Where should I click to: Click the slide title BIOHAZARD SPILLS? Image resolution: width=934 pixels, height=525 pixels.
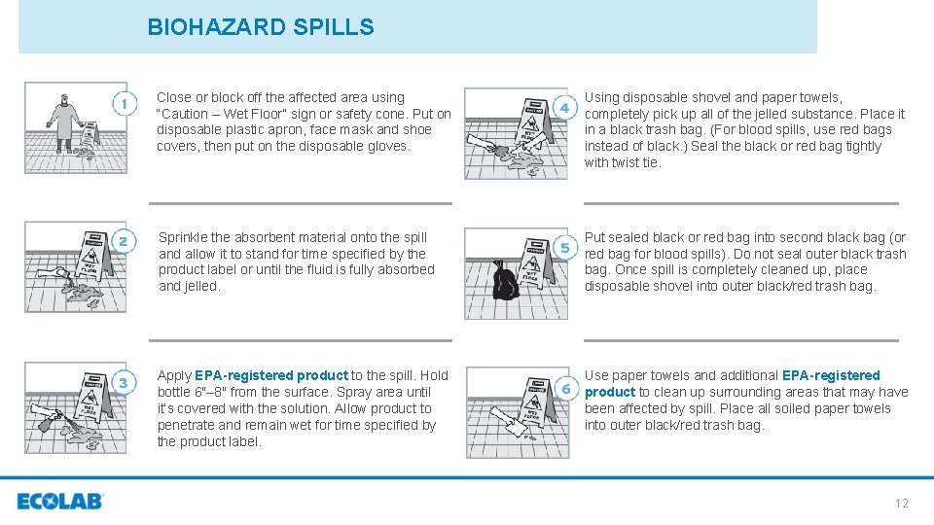coord(260,27)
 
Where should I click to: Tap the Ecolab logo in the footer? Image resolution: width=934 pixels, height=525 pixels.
coord(60,502)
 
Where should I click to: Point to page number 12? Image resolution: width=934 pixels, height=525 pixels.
coord(901,503)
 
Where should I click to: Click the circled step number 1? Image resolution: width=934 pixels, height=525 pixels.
coord(124,103)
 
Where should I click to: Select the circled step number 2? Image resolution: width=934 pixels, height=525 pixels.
coord(124,241)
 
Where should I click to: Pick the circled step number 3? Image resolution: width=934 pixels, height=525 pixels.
coord(124,382)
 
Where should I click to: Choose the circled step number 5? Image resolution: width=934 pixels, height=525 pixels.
coord(564,247)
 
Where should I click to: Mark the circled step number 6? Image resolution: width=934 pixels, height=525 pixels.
coord(564,388)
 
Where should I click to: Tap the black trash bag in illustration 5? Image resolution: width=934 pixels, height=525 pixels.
coord(504,283)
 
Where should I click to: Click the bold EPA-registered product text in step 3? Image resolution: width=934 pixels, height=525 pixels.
coord(271,375)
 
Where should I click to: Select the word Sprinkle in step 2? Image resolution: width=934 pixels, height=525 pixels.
coord(184,237)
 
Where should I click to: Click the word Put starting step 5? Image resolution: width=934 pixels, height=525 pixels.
coord(594,237)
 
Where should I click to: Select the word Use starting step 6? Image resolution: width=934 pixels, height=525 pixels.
coord(596,375)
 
